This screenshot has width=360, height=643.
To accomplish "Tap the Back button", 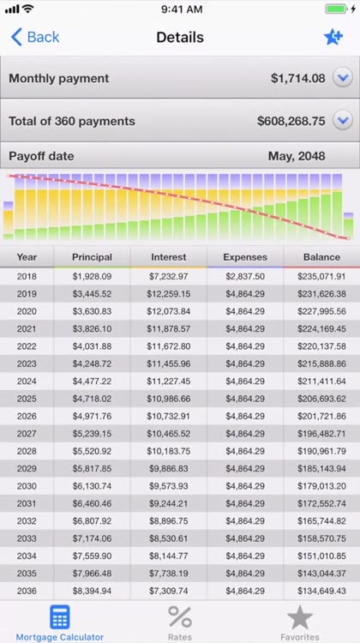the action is coord(35,38).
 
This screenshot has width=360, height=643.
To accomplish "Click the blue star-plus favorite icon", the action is coord(333,38).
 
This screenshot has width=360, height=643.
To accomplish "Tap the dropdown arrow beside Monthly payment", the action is coord(342,77).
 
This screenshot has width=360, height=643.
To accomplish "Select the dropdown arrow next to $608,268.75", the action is coord(342,121).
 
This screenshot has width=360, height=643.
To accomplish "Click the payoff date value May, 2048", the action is coord(297,156).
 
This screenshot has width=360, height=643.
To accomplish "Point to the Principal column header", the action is coord(92,257).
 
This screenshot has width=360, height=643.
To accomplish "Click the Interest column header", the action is coord(169,257).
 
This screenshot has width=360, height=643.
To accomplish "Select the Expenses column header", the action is coord(245,257).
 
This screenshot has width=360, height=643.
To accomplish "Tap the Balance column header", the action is coord(321,257).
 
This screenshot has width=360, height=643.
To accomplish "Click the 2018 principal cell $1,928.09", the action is coord(92,276).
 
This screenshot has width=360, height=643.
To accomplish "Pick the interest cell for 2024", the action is coord(169,382).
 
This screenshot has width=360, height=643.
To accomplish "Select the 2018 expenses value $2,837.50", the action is coord(245,276).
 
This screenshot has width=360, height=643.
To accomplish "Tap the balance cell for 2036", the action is coord(321,591).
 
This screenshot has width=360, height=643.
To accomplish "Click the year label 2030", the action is coord(27,486).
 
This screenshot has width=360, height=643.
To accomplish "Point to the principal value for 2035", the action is coord(92,574).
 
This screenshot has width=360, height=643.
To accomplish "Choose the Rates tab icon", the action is coord(180,616).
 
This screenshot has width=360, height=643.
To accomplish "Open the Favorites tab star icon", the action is coord(300,617).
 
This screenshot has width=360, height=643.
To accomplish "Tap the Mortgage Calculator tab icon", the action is coord(60,616).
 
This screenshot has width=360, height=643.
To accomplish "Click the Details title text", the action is coord(180,38).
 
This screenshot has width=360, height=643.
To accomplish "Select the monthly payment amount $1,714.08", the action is coord(298,78).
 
